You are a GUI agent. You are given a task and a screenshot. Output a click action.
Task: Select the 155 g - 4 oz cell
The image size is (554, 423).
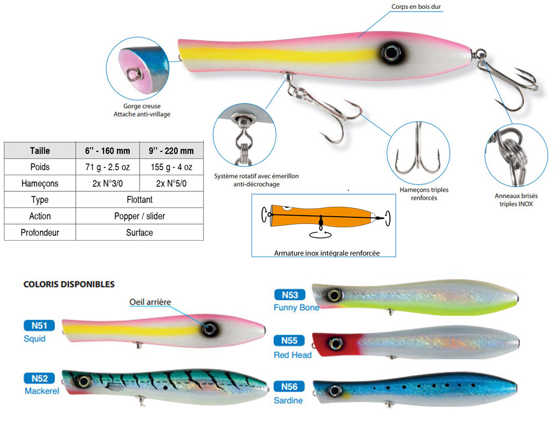[x=172, y=167]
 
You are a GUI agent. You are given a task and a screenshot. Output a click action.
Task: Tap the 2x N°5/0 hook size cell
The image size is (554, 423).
[x=172, y=184]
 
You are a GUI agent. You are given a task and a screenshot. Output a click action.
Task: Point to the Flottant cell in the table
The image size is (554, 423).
[x=139, y=200]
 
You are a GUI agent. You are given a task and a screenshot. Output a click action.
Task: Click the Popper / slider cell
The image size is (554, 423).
[x=139, y=216]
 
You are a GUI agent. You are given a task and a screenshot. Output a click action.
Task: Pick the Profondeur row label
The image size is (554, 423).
[x=40, y=233]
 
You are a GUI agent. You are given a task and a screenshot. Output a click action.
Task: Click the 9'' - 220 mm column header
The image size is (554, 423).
[x=172, y=151]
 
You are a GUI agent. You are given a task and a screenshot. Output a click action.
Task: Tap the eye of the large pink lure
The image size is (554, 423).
[x=391, y=53]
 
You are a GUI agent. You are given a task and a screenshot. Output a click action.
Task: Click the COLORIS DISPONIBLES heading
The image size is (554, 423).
[x=69, y=284]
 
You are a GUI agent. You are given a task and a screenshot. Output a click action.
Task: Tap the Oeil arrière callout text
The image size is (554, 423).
[x=150, y=302]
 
